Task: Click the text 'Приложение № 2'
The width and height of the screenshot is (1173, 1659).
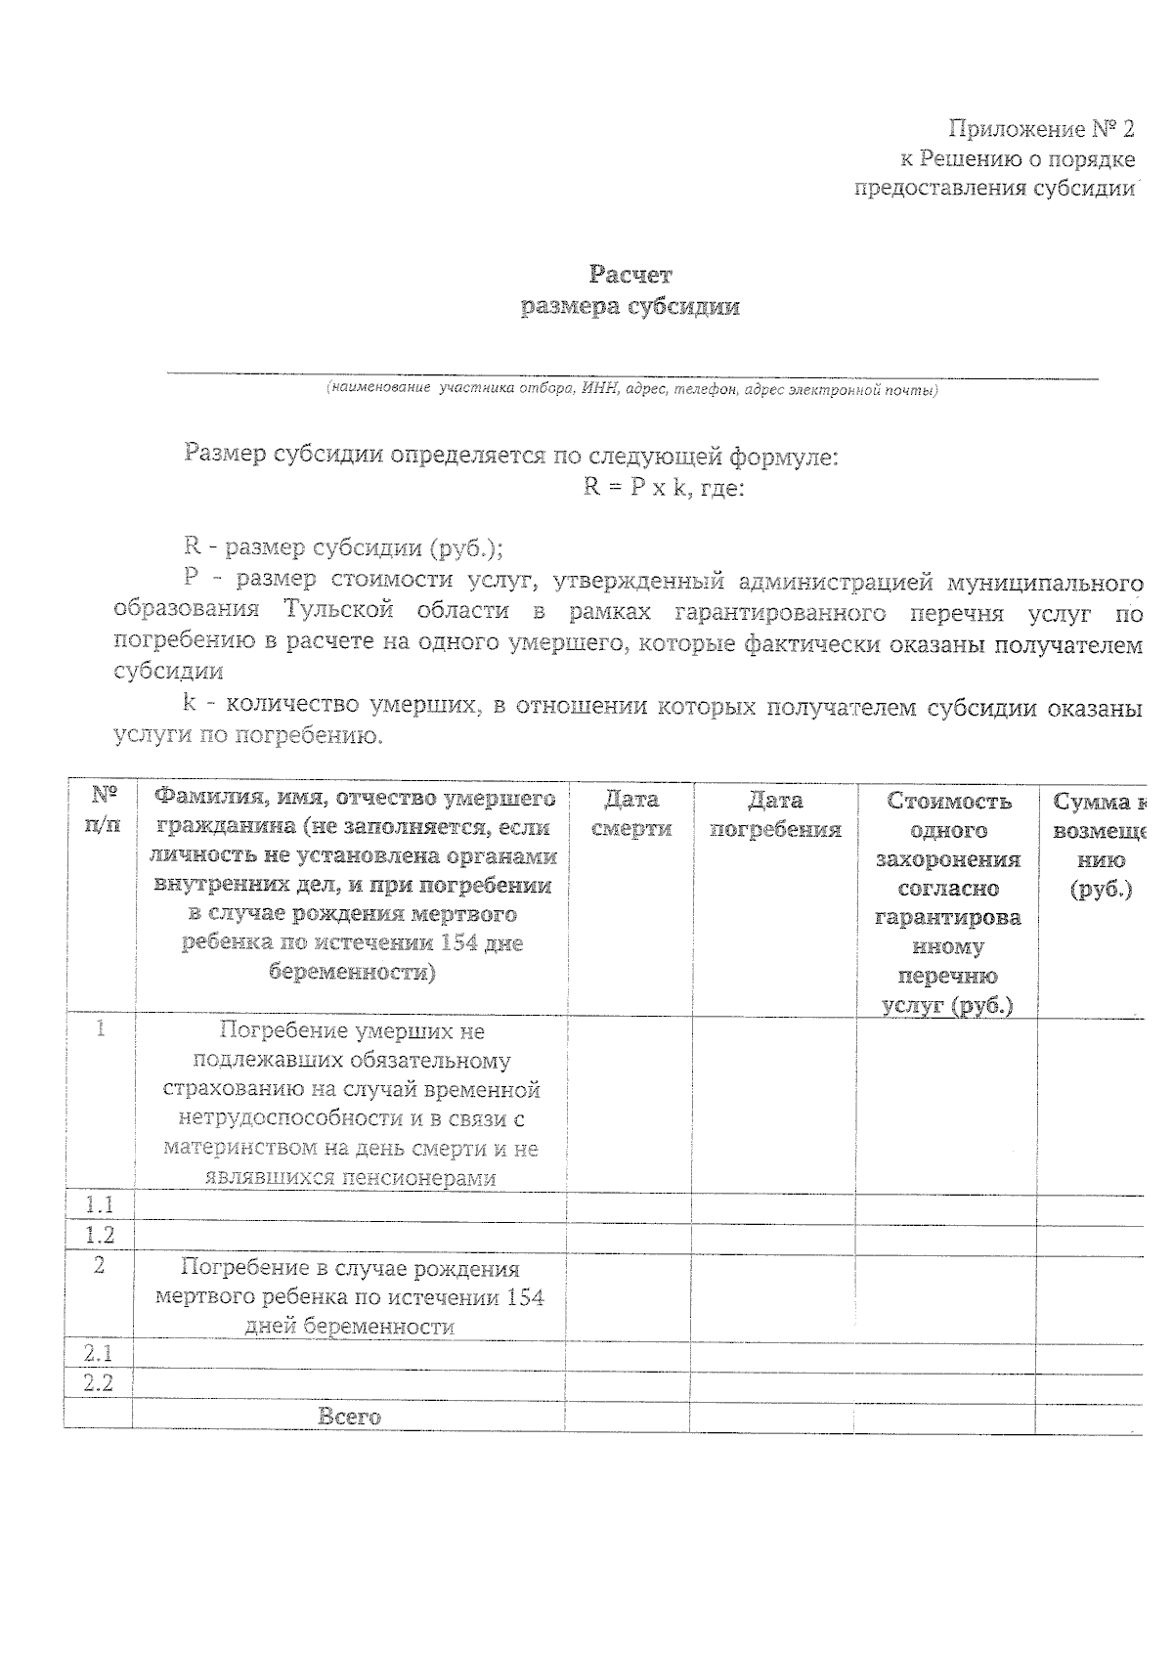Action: tap(1041, 129)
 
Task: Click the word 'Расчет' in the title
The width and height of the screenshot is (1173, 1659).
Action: tap(630, 276)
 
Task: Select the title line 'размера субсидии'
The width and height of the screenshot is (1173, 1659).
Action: tap(630, 307)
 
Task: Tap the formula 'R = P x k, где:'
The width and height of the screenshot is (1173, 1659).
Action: tap(664, 487)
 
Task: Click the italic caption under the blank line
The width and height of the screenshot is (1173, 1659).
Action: tap(632, 390)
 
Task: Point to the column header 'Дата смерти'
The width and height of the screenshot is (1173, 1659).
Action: tap(631, 814)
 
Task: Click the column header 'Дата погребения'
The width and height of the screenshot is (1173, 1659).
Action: tap(775, 814)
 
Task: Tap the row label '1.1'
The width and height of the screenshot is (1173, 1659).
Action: tap(99, 1204)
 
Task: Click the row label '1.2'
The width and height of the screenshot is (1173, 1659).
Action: tap(99, 1235)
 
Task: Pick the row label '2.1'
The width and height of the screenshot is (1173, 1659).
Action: tap(98, 1354)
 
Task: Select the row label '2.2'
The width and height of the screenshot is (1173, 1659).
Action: tap(98, 1383)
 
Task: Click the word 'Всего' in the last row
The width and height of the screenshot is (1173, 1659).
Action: tap(350, 1416)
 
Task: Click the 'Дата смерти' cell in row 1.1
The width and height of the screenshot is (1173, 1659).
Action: tap(630, 1206)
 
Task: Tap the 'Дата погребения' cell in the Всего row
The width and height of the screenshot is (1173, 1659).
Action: tap(772, 1417)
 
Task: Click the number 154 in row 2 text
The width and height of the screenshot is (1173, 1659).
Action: tap(517, 1297)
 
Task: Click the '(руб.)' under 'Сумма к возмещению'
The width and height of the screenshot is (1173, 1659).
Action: tap(1101, 890)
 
